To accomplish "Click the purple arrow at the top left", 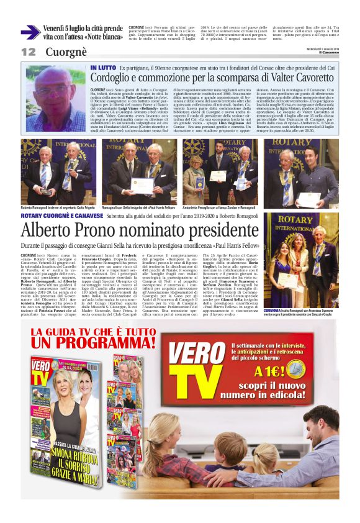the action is (x=30, y=32).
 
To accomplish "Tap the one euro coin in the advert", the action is (x=297, y=370).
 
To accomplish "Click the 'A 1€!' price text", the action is (x=270, y=371).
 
